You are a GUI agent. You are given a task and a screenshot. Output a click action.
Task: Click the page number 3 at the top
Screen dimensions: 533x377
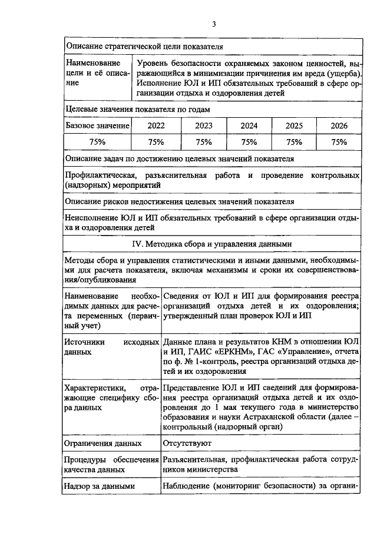coord(214,24)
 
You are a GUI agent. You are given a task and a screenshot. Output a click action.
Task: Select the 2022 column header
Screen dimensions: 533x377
coord(156,126)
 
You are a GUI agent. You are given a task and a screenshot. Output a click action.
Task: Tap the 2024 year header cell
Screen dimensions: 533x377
coord(249,126)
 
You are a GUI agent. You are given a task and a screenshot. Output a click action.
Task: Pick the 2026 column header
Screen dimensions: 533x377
coord(339,126)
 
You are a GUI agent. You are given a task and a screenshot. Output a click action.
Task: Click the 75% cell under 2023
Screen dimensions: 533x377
coord(203,142)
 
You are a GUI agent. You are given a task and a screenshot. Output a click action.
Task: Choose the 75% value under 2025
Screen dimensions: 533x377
coord(294,142)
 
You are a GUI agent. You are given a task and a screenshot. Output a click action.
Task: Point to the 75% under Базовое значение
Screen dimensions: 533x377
coord(97,142)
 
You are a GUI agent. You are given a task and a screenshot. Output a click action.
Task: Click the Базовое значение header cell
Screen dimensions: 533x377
coord(97,126)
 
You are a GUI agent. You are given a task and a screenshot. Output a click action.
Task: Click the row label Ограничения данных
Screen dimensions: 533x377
coord(103,442)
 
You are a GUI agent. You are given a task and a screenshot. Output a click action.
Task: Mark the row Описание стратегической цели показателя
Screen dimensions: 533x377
coord(144,45)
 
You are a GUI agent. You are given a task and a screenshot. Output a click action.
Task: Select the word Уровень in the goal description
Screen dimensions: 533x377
coord(151,62)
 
